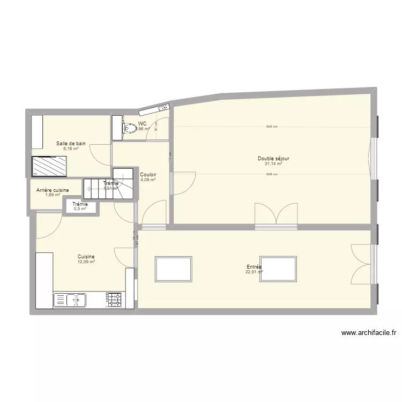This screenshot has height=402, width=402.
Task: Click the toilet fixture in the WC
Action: tap(128, 129)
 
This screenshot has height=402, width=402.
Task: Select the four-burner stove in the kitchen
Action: tap(114, 300)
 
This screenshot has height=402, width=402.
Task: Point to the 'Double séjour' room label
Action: tap(273, 159)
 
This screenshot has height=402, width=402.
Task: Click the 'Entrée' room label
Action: tap(254, 266)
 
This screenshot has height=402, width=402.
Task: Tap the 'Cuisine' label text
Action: tap(86, 257)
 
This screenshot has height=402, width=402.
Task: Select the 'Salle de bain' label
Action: tap(71, 144)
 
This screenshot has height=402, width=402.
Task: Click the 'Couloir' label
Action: tap(148, 175)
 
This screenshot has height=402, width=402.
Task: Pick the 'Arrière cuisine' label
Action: tap(53, 190)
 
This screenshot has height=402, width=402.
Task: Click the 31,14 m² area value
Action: tap(273, 164)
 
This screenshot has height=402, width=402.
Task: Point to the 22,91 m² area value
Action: tap(254, 272)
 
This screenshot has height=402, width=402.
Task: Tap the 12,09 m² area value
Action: tap(86, 262)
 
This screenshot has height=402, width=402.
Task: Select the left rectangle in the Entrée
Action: tap(173, 269)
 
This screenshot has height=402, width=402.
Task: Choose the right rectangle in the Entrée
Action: tap(278, 269)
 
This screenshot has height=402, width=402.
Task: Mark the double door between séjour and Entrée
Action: tap(276, 215)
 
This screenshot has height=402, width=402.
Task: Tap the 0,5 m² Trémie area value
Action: tap(80, 209)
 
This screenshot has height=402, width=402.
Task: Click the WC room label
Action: tap(142, 123)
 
